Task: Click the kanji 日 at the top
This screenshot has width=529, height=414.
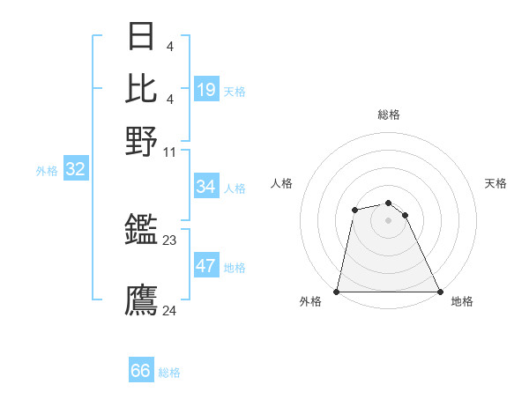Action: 142,37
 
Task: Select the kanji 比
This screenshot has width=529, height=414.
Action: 142,88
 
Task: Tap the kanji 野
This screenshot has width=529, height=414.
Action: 142,140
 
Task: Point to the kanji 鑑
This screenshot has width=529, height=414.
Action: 142,232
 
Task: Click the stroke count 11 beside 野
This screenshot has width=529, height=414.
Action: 170,152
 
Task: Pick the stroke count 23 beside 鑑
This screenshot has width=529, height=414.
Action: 170,239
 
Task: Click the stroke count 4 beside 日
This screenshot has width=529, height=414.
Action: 168,45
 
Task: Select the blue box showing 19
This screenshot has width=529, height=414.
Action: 206,90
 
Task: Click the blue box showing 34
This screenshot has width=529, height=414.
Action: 205,187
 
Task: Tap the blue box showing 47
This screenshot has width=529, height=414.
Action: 206,266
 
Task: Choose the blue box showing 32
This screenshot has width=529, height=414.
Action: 75,169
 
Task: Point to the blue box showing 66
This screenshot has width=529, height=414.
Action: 141,371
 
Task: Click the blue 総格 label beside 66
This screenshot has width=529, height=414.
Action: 169,373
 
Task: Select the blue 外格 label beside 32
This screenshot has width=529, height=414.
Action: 47,171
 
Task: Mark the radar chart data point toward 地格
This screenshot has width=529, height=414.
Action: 439,292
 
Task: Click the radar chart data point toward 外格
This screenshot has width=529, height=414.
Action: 337,292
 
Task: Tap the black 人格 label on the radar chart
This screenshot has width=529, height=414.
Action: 282,183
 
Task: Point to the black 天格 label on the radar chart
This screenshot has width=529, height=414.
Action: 496,183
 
